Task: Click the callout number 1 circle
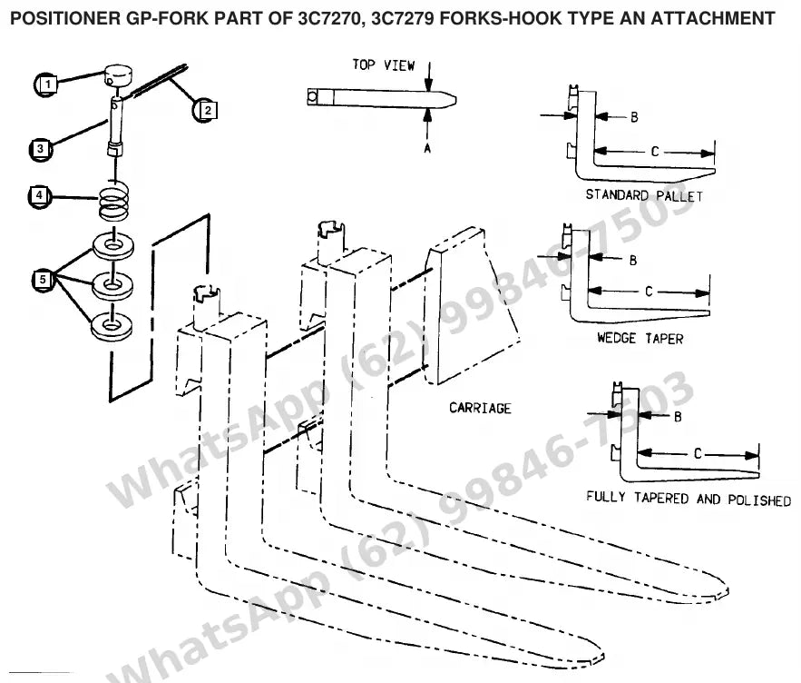click(47, 84)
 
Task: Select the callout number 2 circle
click(206, 110)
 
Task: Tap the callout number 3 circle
click(41, 149)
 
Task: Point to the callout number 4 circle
click(40, 196)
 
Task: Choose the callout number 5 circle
click(43, 280)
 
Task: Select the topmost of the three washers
click(112, 245)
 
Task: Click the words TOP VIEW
click(384, 65)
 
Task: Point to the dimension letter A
click(427, 148)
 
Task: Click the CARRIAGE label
click(480, 408)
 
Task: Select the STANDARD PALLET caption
click(644, 195)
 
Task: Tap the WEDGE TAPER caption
click(640, 338)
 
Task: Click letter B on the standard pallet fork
click(634, 117)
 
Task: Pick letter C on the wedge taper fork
click(649, 292)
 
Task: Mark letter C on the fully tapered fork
click(698, 454)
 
